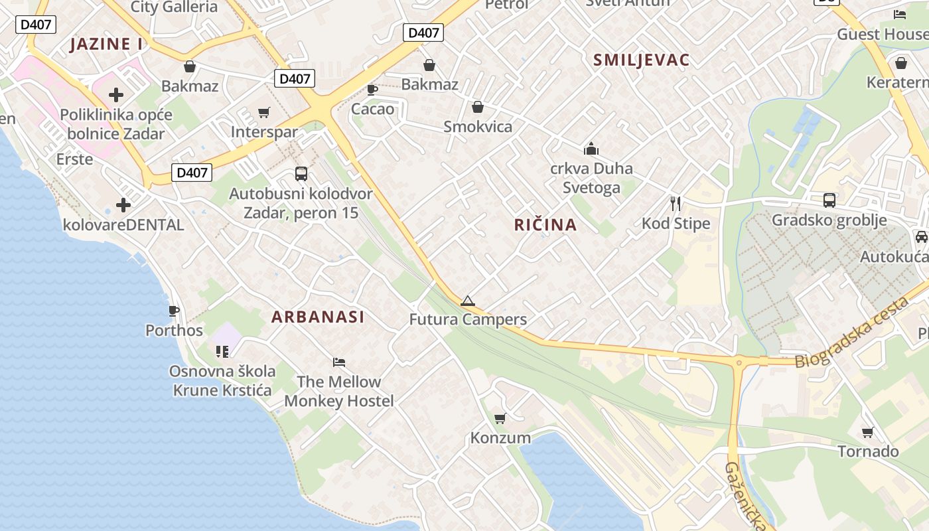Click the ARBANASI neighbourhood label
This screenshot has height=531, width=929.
click(x=318, y=317)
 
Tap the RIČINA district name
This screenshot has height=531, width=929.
click(x=545, y=224)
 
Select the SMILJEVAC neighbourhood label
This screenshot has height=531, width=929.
click(x=641, y=60)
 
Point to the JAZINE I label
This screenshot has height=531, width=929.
click(x=106, y=44)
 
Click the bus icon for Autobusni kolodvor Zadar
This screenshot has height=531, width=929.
click(x=301, y=174)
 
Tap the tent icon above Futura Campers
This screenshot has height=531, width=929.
click(x=468, y=301)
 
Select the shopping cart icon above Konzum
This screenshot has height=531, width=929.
click(x=500, y=418)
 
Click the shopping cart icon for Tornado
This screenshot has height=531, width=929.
click(x=867, y=433)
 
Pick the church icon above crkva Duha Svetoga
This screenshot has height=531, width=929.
click(x=591, y=148)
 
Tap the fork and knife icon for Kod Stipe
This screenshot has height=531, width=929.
click(x=676, y=203)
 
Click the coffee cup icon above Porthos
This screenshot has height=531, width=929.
click(x=174, y=311)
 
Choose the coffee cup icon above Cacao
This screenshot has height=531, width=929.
click(x=372, y=90)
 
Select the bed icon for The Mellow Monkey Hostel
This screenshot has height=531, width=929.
click(x=339, y=362)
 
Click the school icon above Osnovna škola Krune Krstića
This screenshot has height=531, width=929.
click(x=222, y=351)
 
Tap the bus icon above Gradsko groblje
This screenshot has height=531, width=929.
click(x=829, y=200)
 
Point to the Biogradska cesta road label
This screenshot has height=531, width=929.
click(x=851, y=333)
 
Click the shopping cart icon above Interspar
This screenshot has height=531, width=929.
click(x=264, y=113)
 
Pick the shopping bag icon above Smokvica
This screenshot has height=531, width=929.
click(x=478, y=107)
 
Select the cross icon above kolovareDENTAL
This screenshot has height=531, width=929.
click(x=123, y=204)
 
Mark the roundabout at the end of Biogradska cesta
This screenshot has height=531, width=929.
click(x=739, y=362)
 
